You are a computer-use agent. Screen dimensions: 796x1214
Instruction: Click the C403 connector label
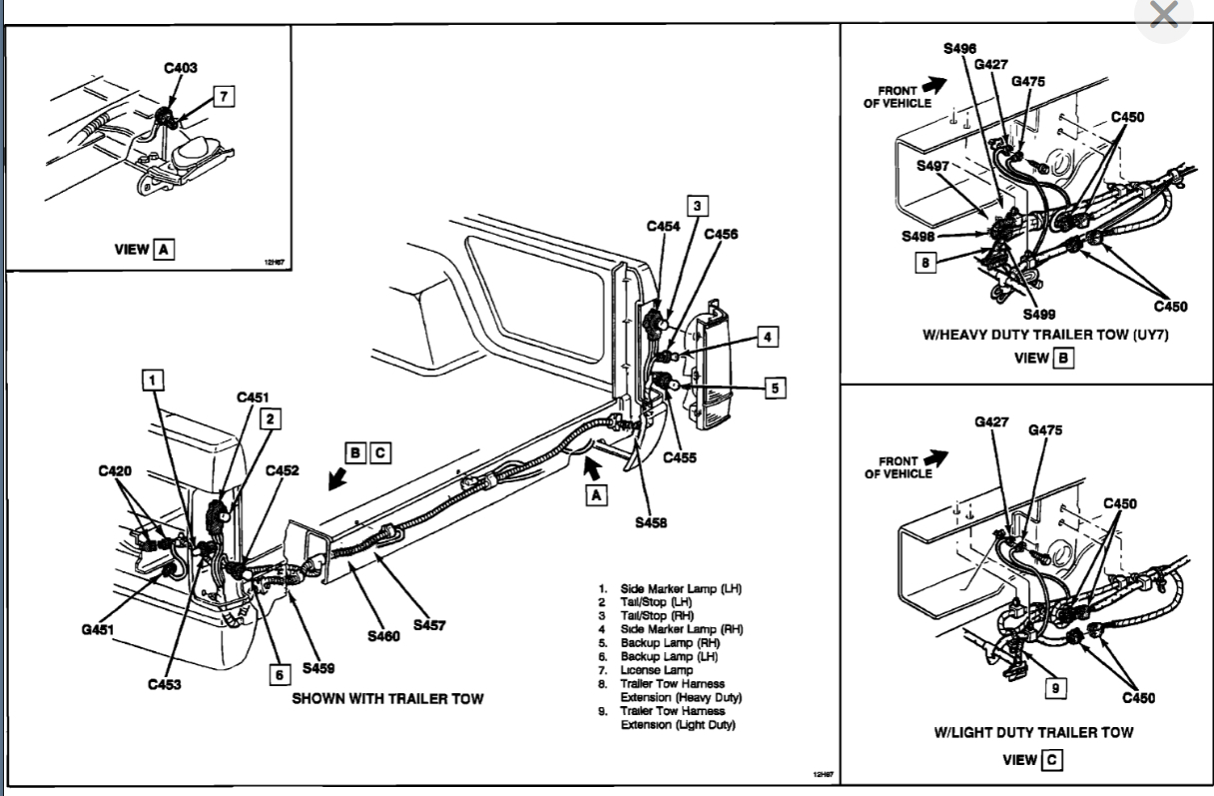click(x=181, y=68)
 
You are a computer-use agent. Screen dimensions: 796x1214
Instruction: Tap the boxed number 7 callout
click(x=225, y=97)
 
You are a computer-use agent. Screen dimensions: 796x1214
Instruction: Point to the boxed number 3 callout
click(x=698, y=207)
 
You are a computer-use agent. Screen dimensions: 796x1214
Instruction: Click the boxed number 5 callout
click(x=774, y=389)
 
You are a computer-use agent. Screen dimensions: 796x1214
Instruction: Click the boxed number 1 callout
click(x=152, y=379)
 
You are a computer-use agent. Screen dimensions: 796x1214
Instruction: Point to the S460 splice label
click(x=384, y=636)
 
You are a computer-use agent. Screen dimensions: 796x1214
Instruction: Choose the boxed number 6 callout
click(x=281, y=674)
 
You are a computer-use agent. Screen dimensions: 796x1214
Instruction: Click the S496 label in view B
click(x=959, y=48)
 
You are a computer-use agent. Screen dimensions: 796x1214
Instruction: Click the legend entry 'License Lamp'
click(x=658, y=669)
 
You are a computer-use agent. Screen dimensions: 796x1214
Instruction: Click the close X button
click(x=1164, y=16)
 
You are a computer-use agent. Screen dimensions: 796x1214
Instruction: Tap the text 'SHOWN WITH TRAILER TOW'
click(x=388, y=698)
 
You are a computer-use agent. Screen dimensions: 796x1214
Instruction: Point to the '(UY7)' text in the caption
click(x=1148, y=336)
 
